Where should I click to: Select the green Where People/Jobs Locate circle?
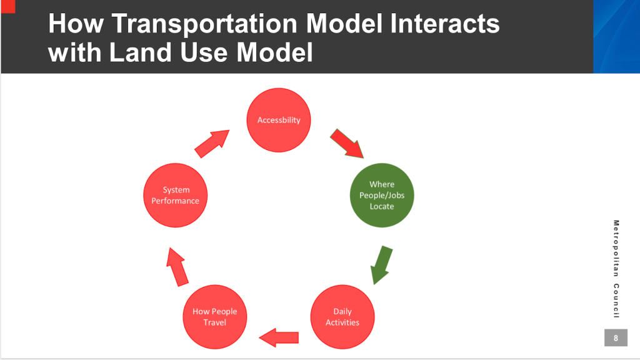381,195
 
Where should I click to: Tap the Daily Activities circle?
342,317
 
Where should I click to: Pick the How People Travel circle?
214,317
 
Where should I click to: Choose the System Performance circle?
176,195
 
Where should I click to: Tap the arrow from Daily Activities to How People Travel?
279,338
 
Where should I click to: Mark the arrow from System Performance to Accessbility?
212,144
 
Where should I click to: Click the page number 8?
616,338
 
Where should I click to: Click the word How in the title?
71,24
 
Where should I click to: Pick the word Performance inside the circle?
176,201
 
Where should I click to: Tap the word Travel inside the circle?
214,322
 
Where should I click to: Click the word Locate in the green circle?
381,206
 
